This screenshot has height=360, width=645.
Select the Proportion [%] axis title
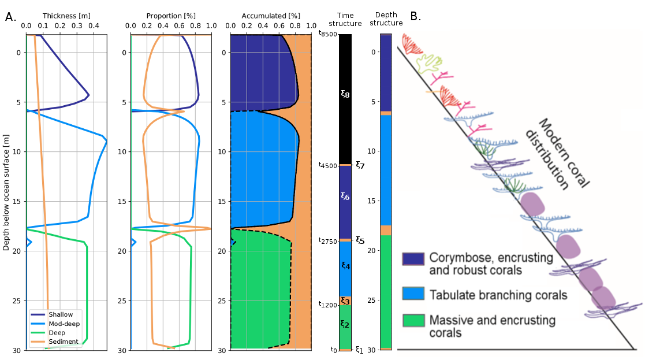(170, 16)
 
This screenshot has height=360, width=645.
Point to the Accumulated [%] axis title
(270, 16)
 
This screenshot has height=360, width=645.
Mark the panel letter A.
(10, 17)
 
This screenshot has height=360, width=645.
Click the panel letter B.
(415, 16)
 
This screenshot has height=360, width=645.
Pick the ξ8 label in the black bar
(345, 94)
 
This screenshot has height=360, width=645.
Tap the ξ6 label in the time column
(345, 196)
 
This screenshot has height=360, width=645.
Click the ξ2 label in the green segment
(345, 324)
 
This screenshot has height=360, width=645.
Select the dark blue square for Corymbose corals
(413, 258)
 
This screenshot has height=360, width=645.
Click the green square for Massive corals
(413, 321)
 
